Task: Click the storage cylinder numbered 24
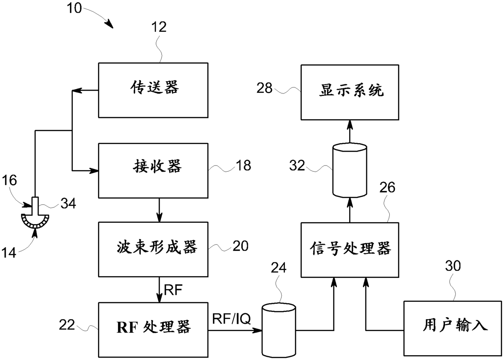click(x=279, y=330)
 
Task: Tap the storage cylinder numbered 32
click(x=350, y=170)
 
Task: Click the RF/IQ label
click(x=231, y=319)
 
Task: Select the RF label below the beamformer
click(x=173, y=290)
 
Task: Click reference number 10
click(x=74, y=8)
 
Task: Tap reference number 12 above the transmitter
click(x=159, y=27)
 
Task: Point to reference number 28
click(x=264, y=88)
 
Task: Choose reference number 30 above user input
click(x=453, y=266)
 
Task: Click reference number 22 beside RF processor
click(x=67, y=325)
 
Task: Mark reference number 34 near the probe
click(x=68, y=203)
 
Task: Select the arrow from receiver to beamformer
click(x=159, y=210)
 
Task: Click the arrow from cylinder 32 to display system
click(x=350, y=131)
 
